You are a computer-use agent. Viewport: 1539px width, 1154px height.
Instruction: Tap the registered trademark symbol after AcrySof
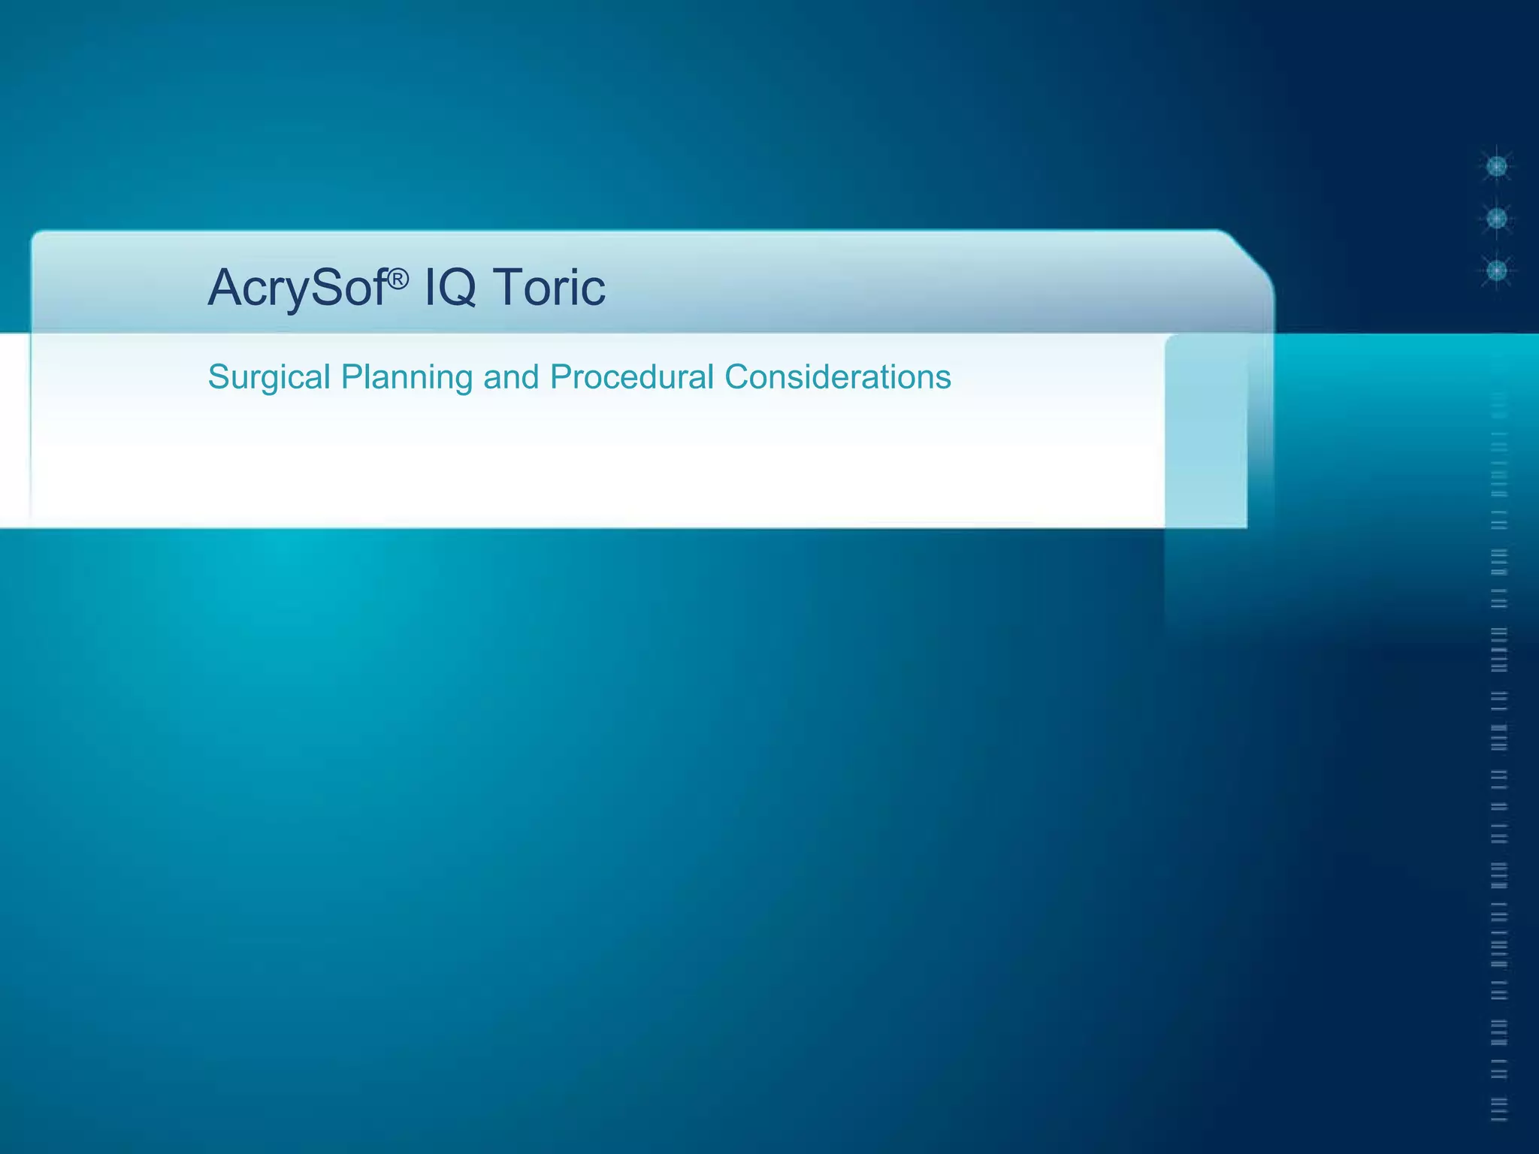[399, 279]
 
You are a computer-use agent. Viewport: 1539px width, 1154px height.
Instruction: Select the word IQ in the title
[450, 288]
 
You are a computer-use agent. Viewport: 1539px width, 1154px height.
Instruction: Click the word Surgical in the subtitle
[269, 377]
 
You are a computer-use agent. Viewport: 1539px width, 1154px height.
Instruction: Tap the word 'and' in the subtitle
[511, 377]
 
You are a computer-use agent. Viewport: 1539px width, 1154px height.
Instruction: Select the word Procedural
[631, 377]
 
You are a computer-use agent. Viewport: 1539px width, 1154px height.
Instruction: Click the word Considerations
[838, 377]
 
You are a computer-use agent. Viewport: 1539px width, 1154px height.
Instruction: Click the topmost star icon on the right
[1497, 166]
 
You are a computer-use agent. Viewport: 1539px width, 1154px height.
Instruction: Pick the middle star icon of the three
[1497, 219]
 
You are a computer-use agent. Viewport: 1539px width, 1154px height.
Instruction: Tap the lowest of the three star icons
[1497, 270]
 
